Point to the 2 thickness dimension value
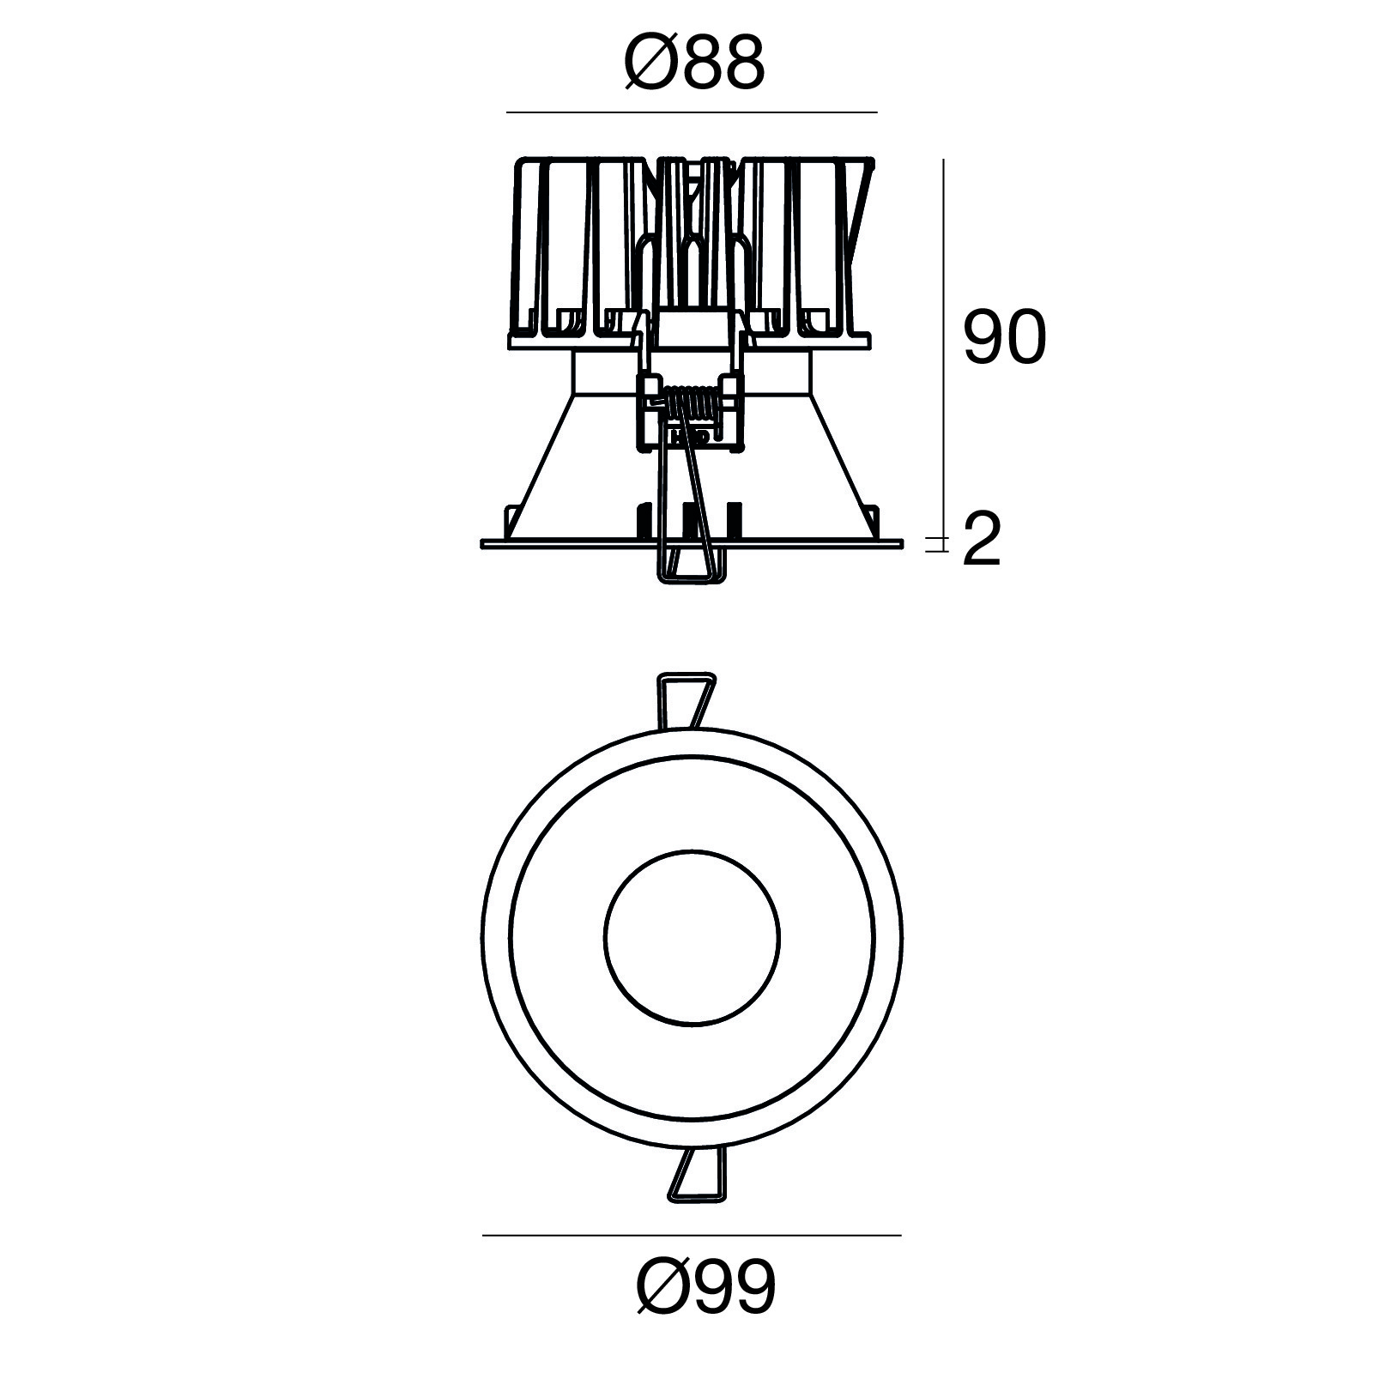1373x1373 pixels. [x=982, y=540]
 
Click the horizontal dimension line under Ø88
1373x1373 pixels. [x=692, y=112]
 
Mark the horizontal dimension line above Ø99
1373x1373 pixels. [x=692, y=1236]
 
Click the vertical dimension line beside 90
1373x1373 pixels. [x=944, y=352]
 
